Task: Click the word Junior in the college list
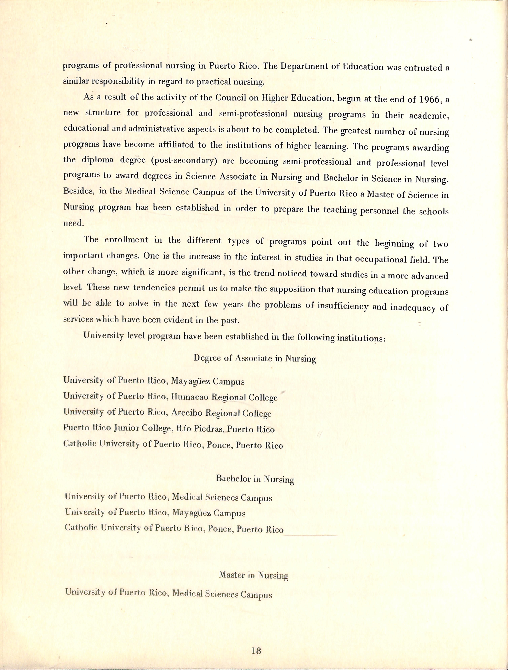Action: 127,428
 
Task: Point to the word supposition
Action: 292,289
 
